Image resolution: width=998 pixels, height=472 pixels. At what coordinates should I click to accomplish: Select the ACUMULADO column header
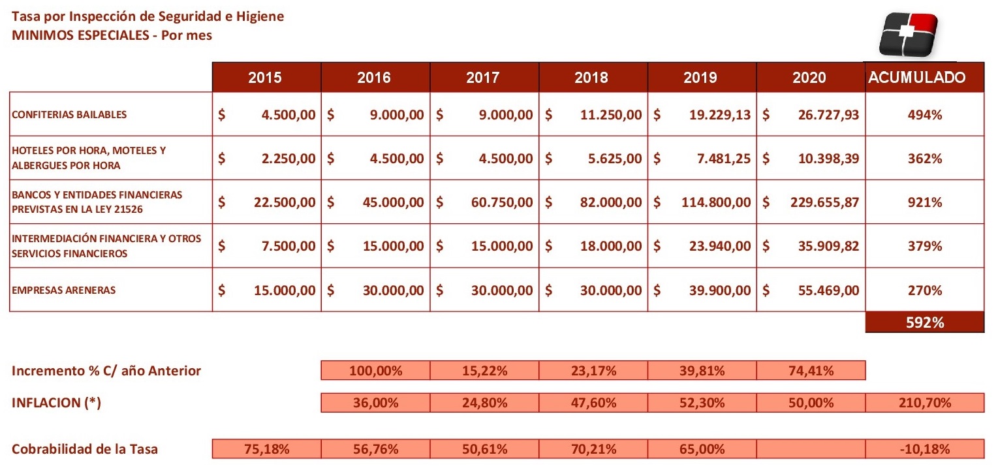tap(924, 78)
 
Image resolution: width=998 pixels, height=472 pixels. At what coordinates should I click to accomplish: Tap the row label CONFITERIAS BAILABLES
tap(69, 114)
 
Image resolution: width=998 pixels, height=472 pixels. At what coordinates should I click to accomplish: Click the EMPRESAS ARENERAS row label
tap(64, 290)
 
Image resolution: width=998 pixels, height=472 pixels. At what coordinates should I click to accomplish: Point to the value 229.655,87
tap(824, 202)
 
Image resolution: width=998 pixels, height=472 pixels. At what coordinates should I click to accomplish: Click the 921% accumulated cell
tap(925, 202)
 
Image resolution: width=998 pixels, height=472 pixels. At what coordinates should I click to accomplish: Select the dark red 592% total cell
tap(925, 323)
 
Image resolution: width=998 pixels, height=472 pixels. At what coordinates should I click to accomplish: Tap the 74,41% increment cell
tap(811, 370)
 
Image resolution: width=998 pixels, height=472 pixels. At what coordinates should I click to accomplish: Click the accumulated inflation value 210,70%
tap(925, 403)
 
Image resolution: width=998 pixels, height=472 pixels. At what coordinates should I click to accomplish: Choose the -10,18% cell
tap(925, 448)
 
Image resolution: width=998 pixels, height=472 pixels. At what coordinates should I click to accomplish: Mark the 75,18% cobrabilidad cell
tap(266, 448)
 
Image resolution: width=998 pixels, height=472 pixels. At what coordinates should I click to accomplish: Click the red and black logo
tap(909, 35)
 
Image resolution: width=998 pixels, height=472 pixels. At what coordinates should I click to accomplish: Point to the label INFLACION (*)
tap(57, 403)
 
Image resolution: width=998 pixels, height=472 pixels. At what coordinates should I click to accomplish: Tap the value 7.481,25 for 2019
tap(724, 159)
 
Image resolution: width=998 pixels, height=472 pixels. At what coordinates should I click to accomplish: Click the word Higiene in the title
tap(260, 17)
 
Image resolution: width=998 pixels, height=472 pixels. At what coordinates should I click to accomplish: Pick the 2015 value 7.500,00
tap(288, 246)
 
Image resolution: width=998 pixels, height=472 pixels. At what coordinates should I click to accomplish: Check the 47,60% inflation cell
tap(593, 403)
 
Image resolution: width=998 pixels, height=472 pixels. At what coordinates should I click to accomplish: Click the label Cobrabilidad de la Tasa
tap(85, 448)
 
